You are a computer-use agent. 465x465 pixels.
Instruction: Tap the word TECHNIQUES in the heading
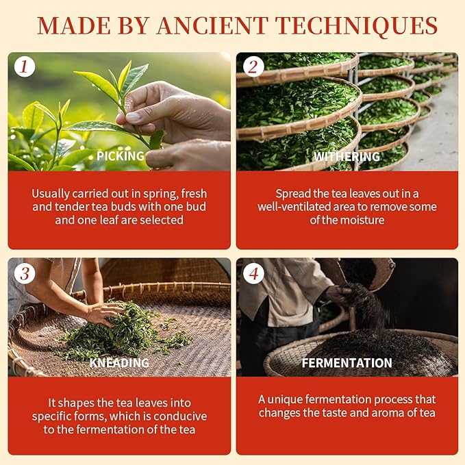click(358, 27)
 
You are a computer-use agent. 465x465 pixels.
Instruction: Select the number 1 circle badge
click(25, 66)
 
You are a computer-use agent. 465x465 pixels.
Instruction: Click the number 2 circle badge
click(253, 66)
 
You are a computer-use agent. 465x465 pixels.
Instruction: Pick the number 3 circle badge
click(25, 273)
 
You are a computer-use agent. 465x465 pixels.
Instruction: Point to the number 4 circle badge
click(253, 273)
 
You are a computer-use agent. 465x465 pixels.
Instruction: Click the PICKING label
click(120, 156)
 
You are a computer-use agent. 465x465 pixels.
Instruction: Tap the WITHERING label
click(347, 157)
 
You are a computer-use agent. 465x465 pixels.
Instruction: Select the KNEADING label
click(119, 363)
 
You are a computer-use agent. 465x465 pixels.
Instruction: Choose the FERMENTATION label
click(347, 363)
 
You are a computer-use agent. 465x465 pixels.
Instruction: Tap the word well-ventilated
click(294, 207)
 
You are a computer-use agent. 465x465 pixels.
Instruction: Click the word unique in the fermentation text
click(285, 400)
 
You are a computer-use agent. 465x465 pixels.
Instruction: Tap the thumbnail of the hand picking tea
click(119, 112)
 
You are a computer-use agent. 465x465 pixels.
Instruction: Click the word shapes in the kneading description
click(75, 403)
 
